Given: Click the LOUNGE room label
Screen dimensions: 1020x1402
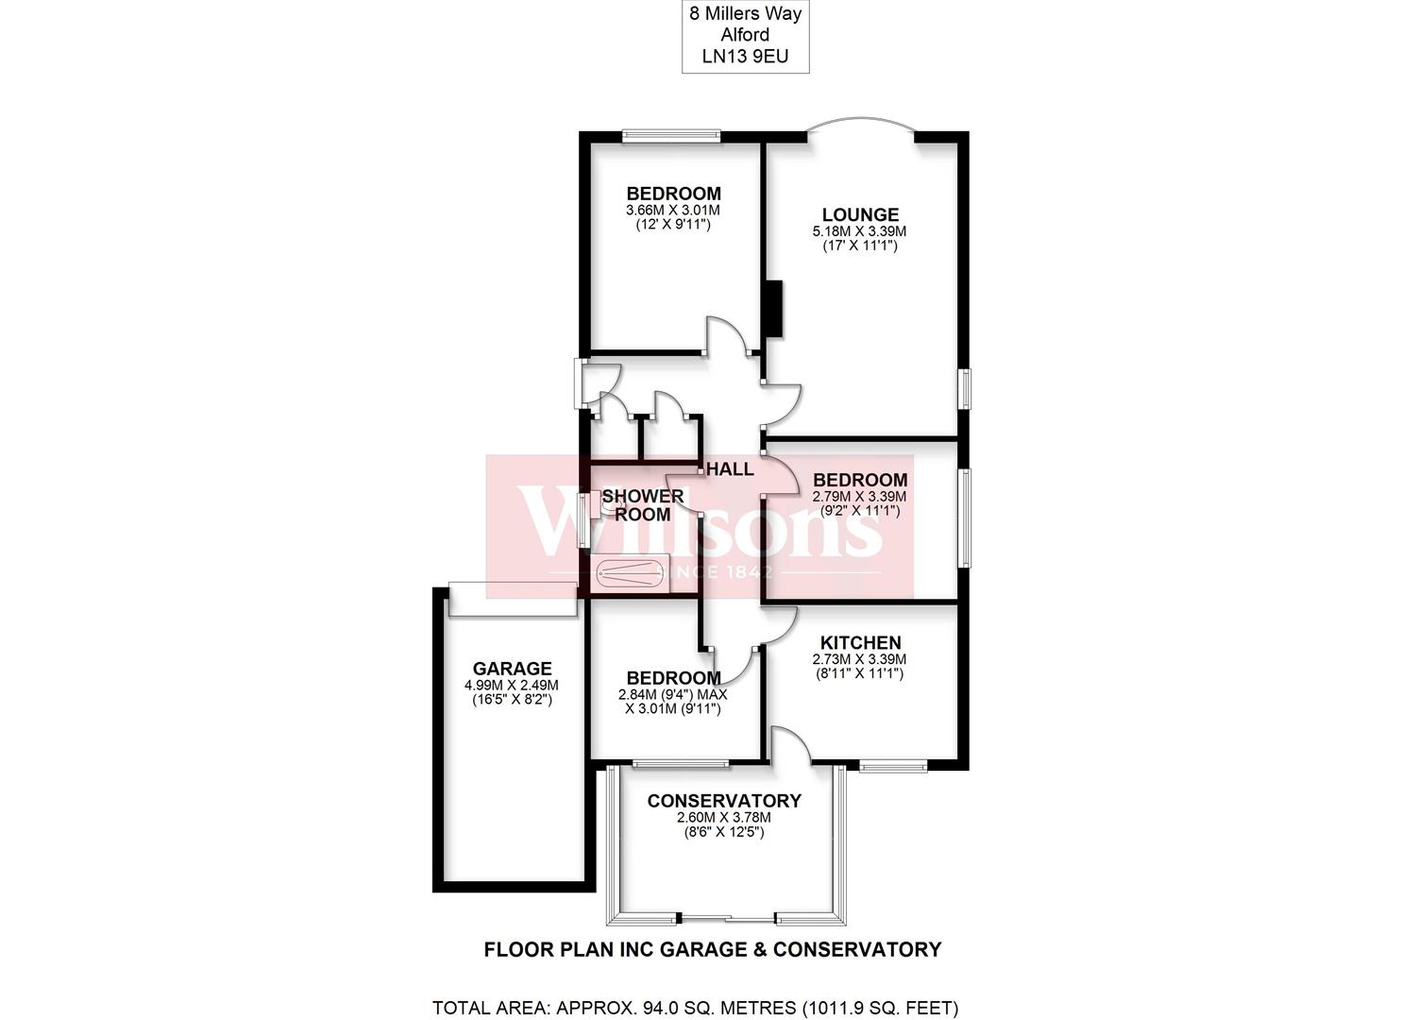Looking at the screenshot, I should click(859, 215).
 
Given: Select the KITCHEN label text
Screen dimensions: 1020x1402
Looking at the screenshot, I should click(859, 643).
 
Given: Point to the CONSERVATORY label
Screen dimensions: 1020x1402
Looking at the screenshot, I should click(723, 801).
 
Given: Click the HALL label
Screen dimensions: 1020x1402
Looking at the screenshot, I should click(730, 468).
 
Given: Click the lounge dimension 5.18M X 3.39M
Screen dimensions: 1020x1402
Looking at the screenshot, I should click(859, 231).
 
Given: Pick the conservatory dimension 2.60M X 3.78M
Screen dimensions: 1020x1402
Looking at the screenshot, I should click(723, 818).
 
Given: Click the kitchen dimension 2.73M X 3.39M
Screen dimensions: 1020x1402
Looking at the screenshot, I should click(859, 659).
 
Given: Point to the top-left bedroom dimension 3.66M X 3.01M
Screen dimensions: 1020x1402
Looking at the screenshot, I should click(673, 211).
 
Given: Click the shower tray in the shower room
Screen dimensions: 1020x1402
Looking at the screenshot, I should click(630, 572).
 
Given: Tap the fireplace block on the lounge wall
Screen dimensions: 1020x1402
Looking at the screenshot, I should click(773, 309).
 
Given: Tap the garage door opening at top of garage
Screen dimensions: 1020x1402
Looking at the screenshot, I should click(513, 600).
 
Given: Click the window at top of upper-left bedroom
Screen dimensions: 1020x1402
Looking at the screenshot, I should click(671, 136).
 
